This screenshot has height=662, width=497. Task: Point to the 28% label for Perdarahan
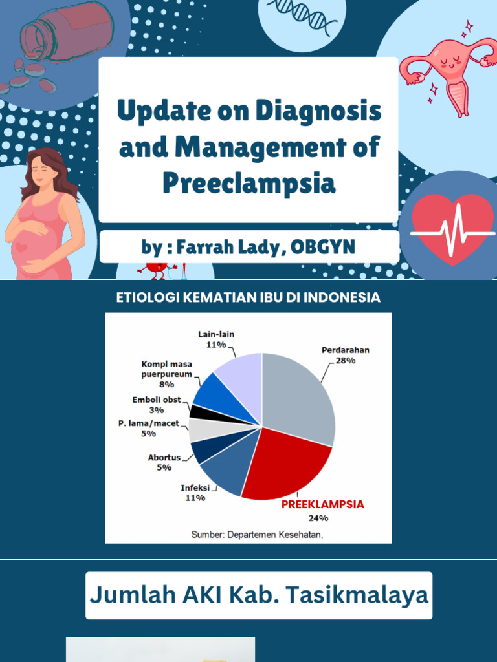pyautogui.click(x=346, y=361)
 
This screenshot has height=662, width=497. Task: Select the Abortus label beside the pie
pyautogui.click(x=164, y=457)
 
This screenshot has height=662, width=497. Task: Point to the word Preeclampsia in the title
pyautogui.click(x=248, y=183)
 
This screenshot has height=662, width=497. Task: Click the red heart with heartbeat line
pyautogui.click(x=453, y=228)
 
